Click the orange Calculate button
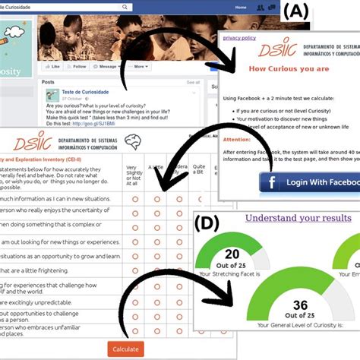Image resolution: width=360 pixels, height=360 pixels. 125,349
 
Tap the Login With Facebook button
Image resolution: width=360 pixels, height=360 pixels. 309,183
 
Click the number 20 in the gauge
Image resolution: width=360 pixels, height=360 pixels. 233,254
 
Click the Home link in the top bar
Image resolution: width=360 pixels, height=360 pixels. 241,6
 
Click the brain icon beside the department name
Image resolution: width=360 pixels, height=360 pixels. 134,141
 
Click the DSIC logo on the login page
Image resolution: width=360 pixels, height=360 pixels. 263,51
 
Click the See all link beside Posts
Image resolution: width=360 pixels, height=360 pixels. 193,81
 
